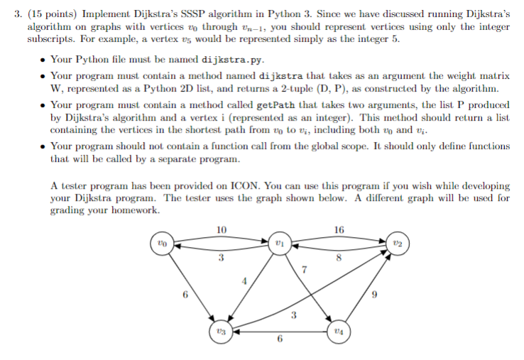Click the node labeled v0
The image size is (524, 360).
click(x=164, y=244)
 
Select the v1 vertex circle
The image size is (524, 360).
click(x=280, y=244)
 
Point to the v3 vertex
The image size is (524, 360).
click(x=222, y=331)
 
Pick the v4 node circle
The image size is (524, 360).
click(x=337, y=331)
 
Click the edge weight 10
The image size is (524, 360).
click(x=222, y=229)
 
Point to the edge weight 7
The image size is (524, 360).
click(x=304, y=269)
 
